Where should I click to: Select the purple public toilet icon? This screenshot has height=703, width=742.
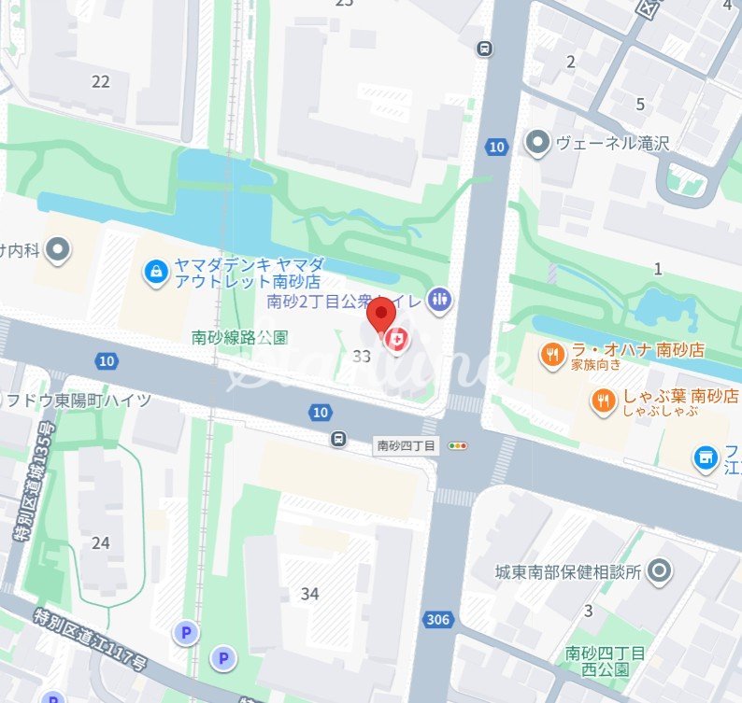point(439,300)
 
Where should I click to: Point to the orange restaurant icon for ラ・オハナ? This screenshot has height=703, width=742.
point(552,354)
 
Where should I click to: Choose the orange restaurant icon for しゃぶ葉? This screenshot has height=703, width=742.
point(604,401)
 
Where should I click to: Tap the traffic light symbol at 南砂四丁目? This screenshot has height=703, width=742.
point(458,446)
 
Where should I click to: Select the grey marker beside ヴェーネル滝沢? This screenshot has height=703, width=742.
point(537,144)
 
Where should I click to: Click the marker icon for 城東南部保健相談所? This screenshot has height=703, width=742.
point(660,571)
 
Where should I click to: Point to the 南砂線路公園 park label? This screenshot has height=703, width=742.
point(239,336)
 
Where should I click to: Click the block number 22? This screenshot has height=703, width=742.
point(101,82)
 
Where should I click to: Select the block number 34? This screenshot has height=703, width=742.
point(310,594)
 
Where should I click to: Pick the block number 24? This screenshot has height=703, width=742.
point(101,542)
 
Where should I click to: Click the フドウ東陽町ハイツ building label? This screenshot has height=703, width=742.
point(79,401)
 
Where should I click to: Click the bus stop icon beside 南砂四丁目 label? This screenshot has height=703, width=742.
point(338,438)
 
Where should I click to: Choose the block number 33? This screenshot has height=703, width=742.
point(363,356)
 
